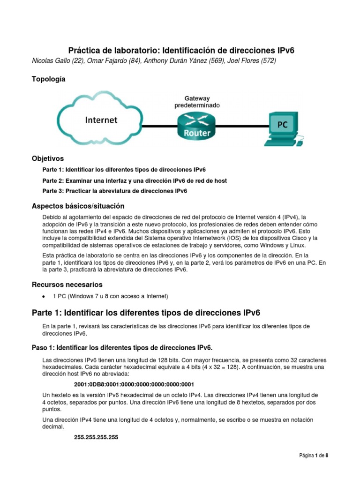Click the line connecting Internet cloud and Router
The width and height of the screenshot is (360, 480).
[159, 126]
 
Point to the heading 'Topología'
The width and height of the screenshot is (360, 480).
[48, 79]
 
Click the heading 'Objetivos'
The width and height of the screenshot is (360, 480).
[47, 158]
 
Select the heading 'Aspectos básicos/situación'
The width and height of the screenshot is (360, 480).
[78, 206]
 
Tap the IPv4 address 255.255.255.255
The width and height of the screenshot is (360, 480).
[96, 437]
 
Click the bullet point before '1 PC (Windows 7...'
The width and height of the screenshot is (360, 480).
[44, 296]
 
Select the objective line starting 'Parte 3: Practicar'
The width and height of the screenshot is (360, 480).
[115, 191]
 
